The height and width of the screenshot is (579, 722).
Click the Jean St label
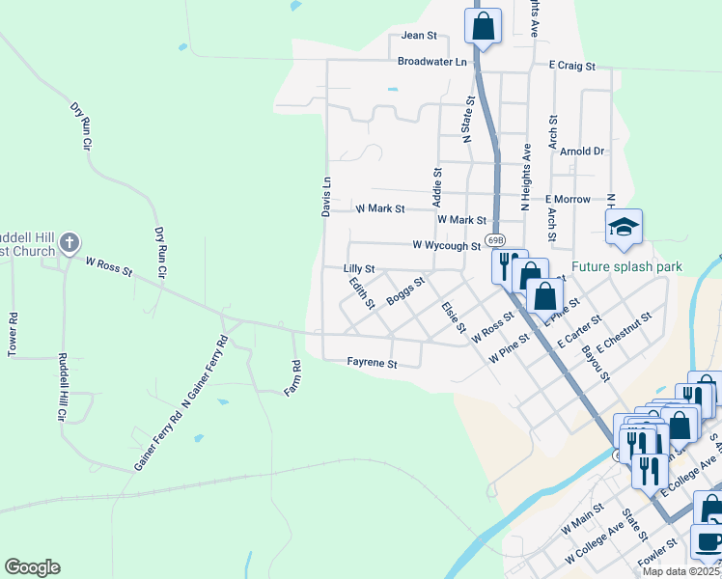pyautogui.click(x=419, y=36)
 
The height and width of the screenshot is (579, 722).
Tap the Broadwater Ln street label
pyautogui.click(x=431, y=61)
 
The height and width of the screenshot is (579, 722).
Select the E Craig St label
pyautogui.click(x=572, y=66)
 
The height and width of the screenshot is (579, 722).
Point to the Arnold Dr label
pyautogui.click(x=582, y=152)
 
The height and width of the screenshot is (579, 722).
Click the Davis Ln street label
pyautogui.click(x=326, y=195)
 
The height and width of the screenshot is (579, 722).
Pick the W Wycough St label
pyautogui.click(x=446, y=246)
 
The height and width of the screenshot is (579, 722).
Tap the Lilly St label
pyautogui.click(x=358, y=269)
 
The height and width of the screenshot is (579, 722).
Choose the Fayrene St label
pyautogui.click(x=373, y=364)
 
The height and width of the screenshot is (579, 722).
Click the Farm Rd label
pyautogui.click(x=296, y=378)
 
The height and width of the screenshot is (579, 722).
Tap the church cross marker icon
pyautogui.click(x=69, y=242)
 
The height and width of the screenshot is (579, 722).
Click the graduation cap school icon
pyautogui.click(x=624, y=228)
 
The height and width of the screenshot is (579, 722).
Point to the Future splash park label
pyautogui.click(x=626, y=266)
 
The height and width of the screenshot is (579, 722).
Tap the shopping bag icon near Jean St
pyautogui.click(x=483, y=26)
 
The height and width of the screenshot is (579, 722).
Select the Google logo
pyautogui.click(x=33, y=567)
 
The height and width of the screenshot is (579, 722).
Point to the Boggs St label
pyautogui.click(x=405, y=290)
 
